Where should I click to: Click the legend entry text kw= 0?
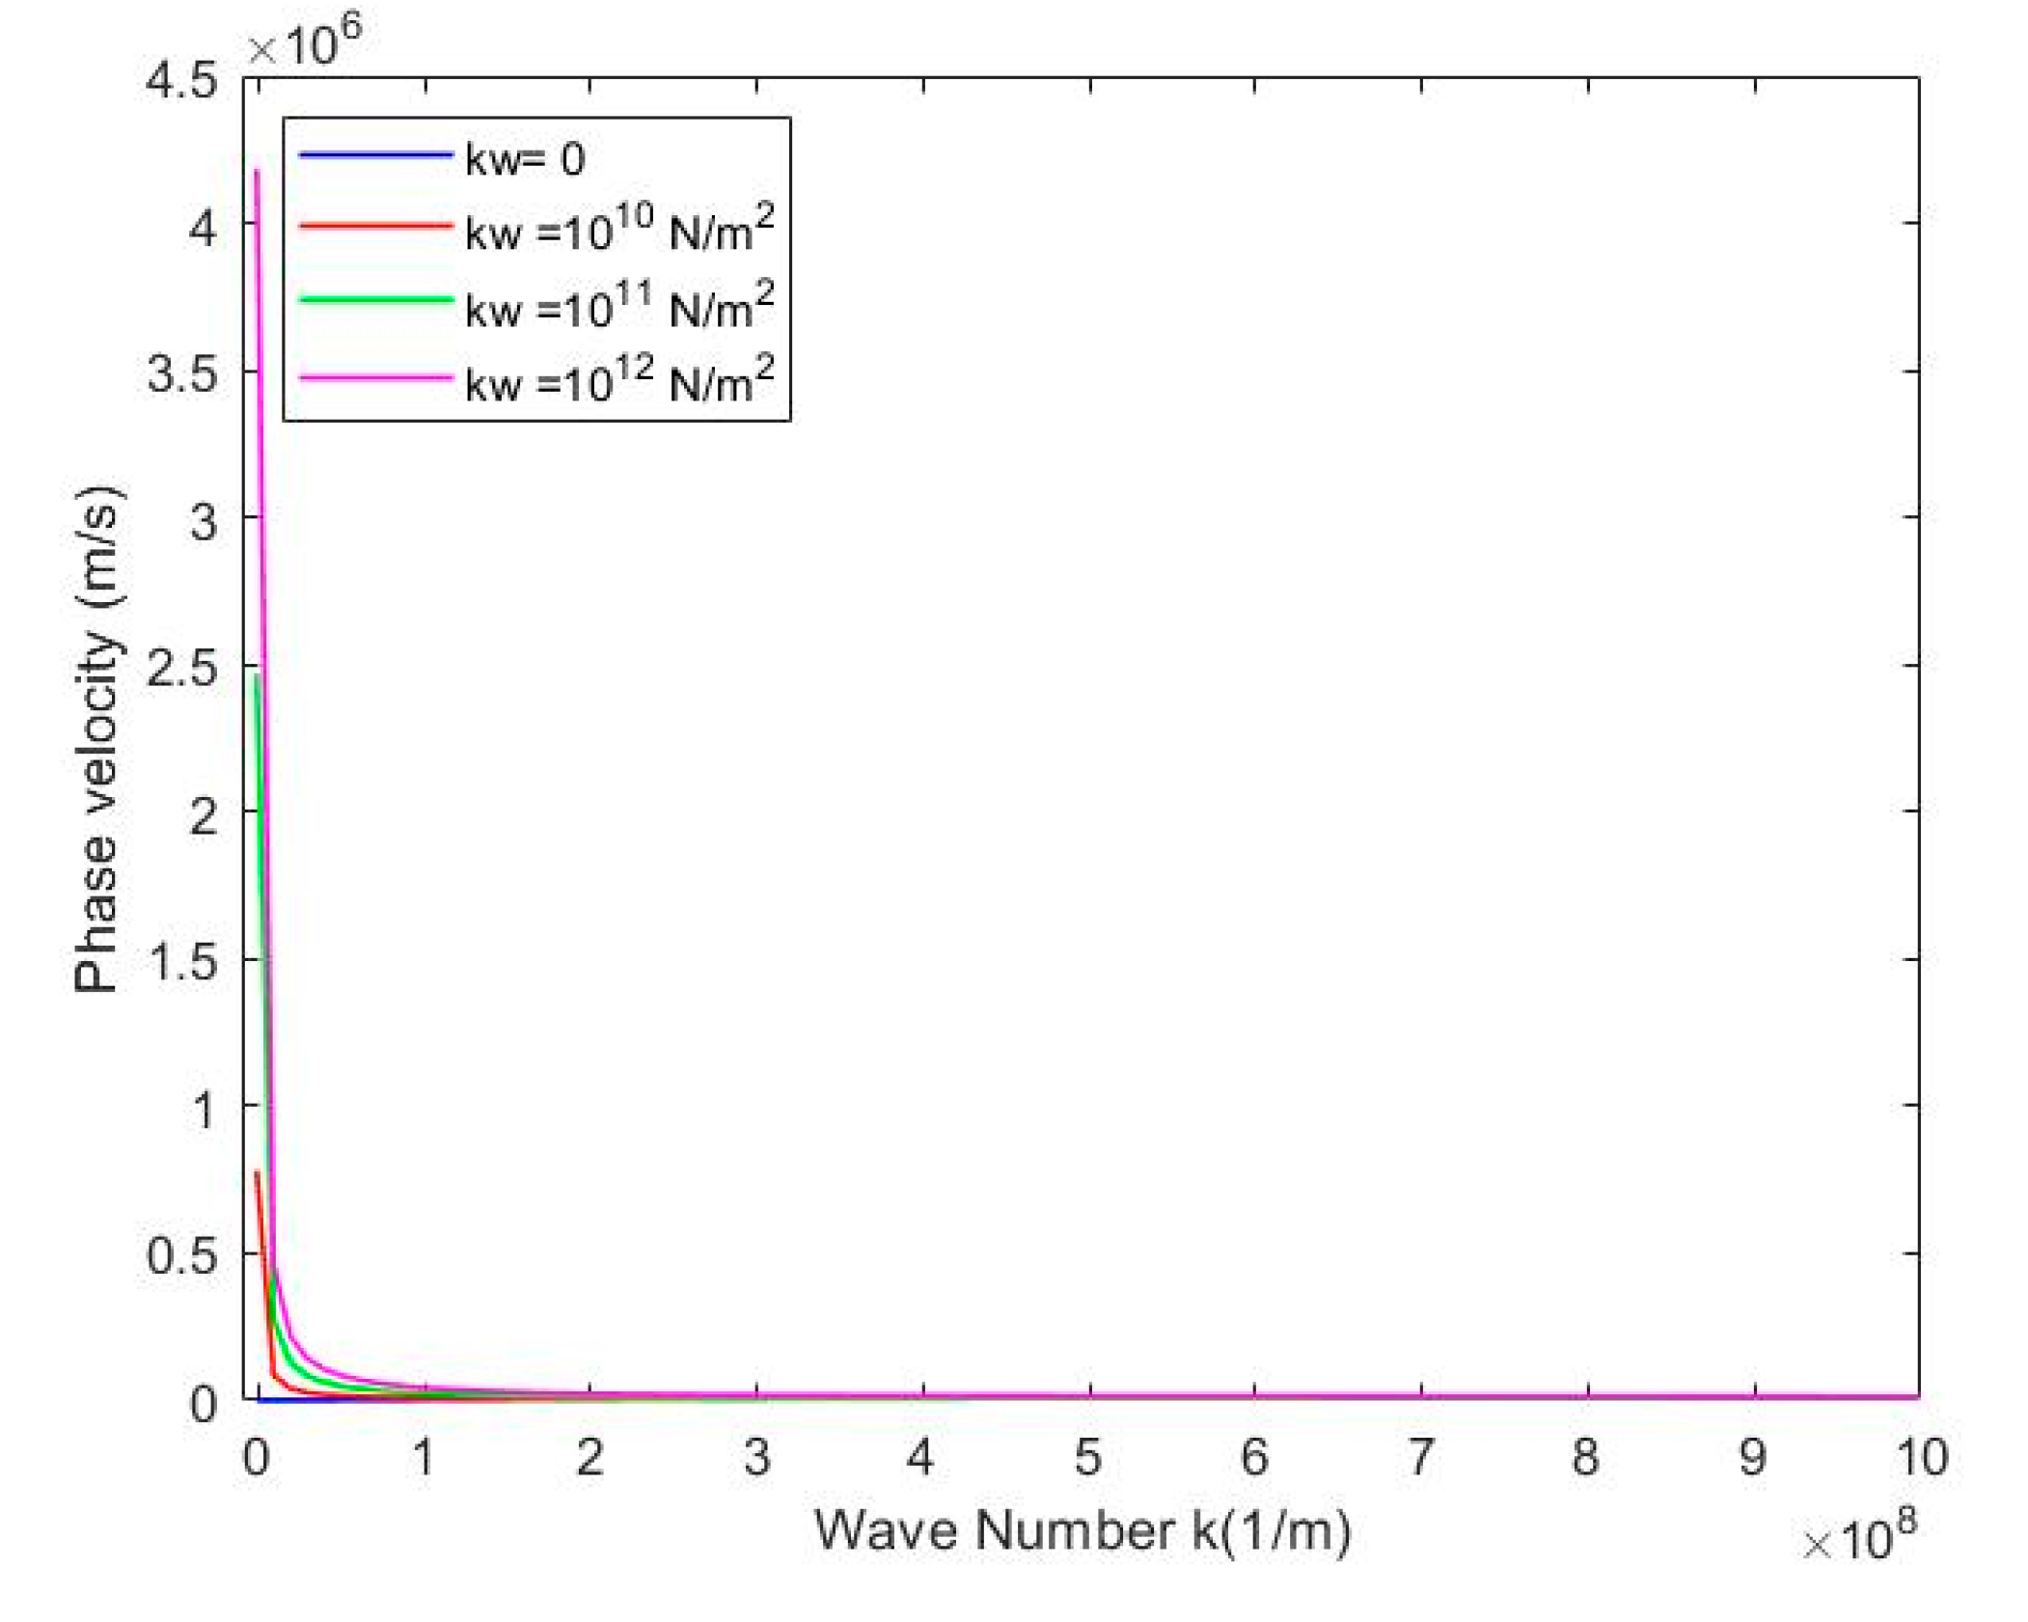click(x=524, y=159)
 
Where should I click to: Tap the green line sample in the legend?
click(x=375, y=300)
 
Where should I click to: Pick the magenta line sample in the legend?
click(x=375, y=377)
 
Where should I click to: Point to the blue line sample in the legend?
click(x=375, y=154)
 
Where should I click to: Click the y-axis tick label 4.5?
click(x=182, y=81)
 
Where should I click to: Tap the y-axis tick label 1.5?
click(x=182, y=962)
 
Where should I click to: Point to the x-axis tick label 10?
click(x=1921, y=1457)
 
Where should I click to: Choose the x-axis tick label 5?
click(x=1088, y=1457)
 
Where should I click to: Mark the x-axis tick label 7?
click(x=1420, y=1457)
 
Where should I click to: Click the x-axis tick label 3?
click(x=756, y=1457)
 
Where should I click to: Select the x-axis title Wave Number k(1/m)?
click(x=1083, y=1531)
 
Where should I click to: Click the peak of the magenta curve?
click(x=257, y=172)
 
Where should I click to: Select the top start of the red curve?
click(x=257, y=1172)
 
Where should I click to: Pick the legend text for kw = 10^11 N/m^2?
click(x=618, y=306)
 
